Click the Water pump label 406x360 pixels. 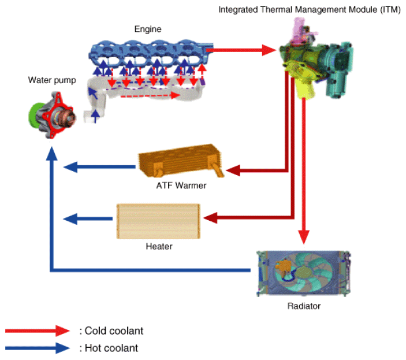tap(49, 80)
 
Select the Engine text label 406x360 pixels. tap(147, 29)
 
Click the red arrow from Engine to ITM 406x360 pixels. tap(243, 50)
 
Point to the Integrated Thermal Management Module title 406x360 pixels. tap(309, 10)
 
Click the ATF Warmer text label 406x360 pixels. tap(181, 186)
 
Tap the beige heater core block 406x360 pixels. tap(158, 220)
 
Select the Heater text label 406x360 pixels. tap(159, 246)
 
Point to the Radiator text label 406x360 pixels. tap(303, 306)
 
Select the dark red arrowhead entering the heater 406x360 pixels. tap(208, 218)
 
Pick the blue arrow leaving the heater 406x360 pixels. tap(87, 218)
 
